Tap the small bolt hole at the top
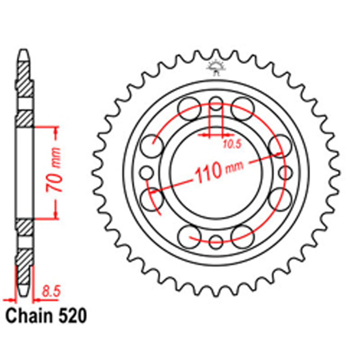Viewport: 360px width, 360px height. coord(216,102)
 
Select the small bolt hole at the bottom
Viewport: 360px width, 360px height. coord(216,240)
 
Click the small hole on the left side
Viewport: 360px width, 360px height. coord(147,172)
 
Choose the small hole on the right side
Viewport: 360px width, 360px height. coord(285,172)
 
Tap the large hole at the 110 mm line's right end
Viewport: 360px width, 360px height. coord(280,145)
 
